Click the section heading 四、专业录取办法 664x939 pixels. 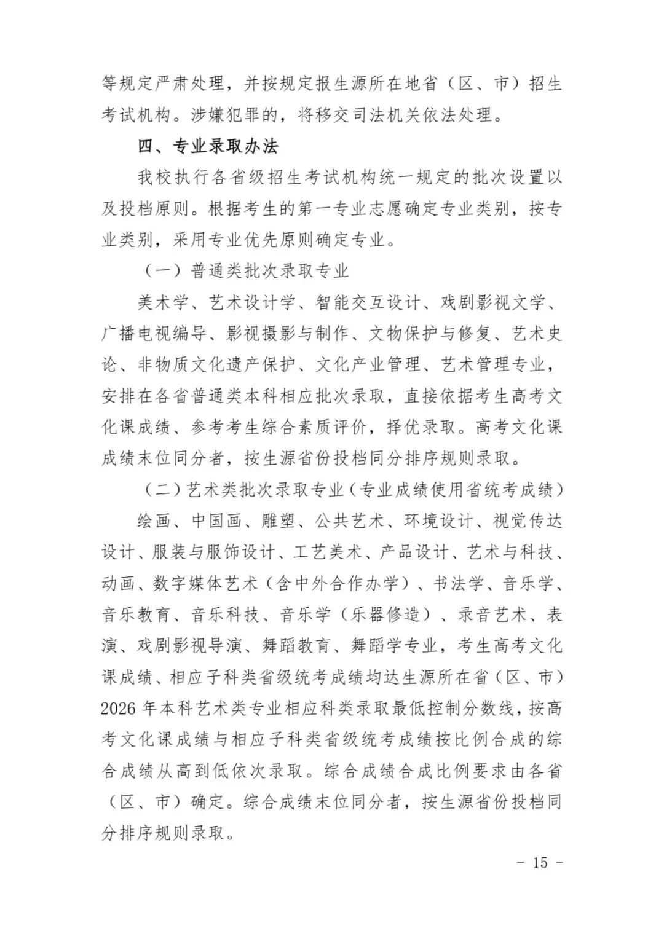coord(208,146)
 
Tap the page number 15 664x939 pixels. coord(540,862)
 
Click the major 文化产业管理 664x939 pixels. coord(368,365)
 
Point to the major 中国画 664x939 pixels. coord(217,521)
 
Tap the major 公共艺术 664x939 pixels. coord(350,521)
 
